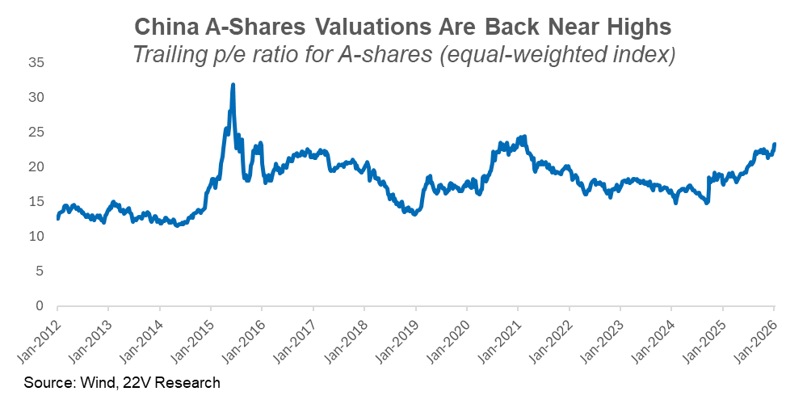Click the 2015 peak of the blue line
pos(233,84)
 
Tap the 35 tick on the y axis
pos(36,63)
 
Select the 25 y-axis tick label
pos(36,133)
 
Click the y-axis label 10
pos(36,237)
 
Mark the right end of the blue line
pos(775,144)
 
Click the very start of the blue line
pos(57,219)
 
